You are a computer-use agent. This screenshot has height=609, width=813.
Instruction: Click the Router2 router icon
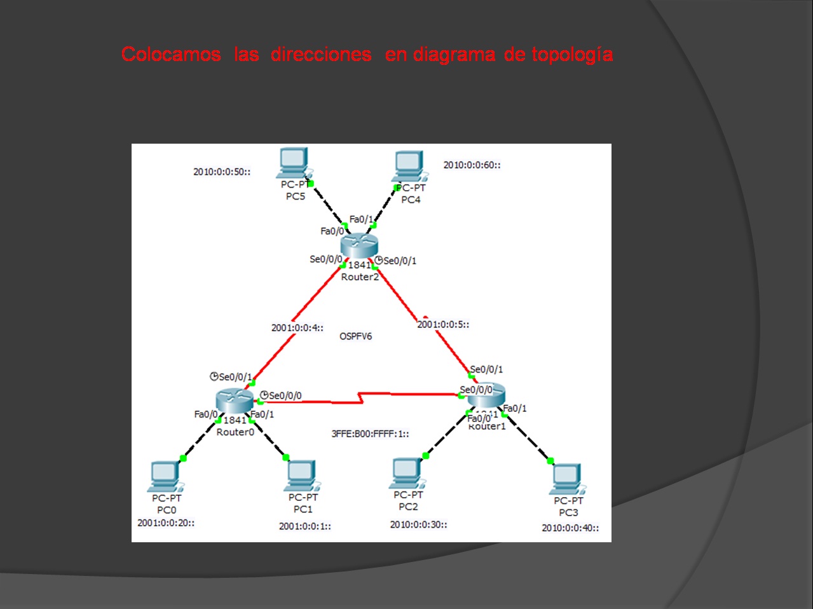359,245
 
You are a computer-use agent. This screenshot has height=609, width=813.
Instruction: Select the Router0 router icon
234,400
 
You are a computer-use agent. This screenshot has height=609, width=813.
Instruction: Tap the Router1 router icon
487,396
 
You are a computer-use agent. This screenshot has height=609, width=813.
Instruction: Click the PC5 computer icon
293,163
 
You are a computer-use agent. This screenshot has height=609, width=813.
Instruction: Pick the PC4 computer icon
409,167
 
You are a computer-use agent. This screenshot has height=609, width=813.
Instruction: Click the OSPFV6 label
355,336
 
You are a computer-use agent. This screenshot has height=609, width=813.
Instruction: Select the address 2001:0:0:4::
297,328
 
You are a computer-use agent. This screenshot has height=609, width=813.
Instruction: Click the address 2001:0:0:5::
443,324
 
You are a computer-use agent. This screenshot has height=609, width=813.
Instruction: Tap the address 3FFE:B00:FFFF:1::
370,434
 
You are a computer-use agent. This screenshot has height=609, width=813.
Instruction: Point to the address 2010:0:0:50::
222,172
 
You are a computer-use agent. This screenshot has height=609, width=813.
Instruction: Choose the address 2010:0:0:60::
472,165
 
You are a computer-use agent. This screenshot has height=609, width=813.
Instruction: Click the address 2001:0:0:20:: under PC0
166,523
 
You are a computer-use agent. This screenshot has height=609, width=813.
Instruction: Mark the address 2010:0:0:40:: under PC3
570,528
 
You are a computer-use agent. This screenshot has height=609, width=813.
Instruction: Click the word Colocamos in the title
171,54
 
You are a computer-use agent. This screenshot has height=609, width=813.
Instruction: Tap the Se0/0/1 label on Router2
399,261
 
